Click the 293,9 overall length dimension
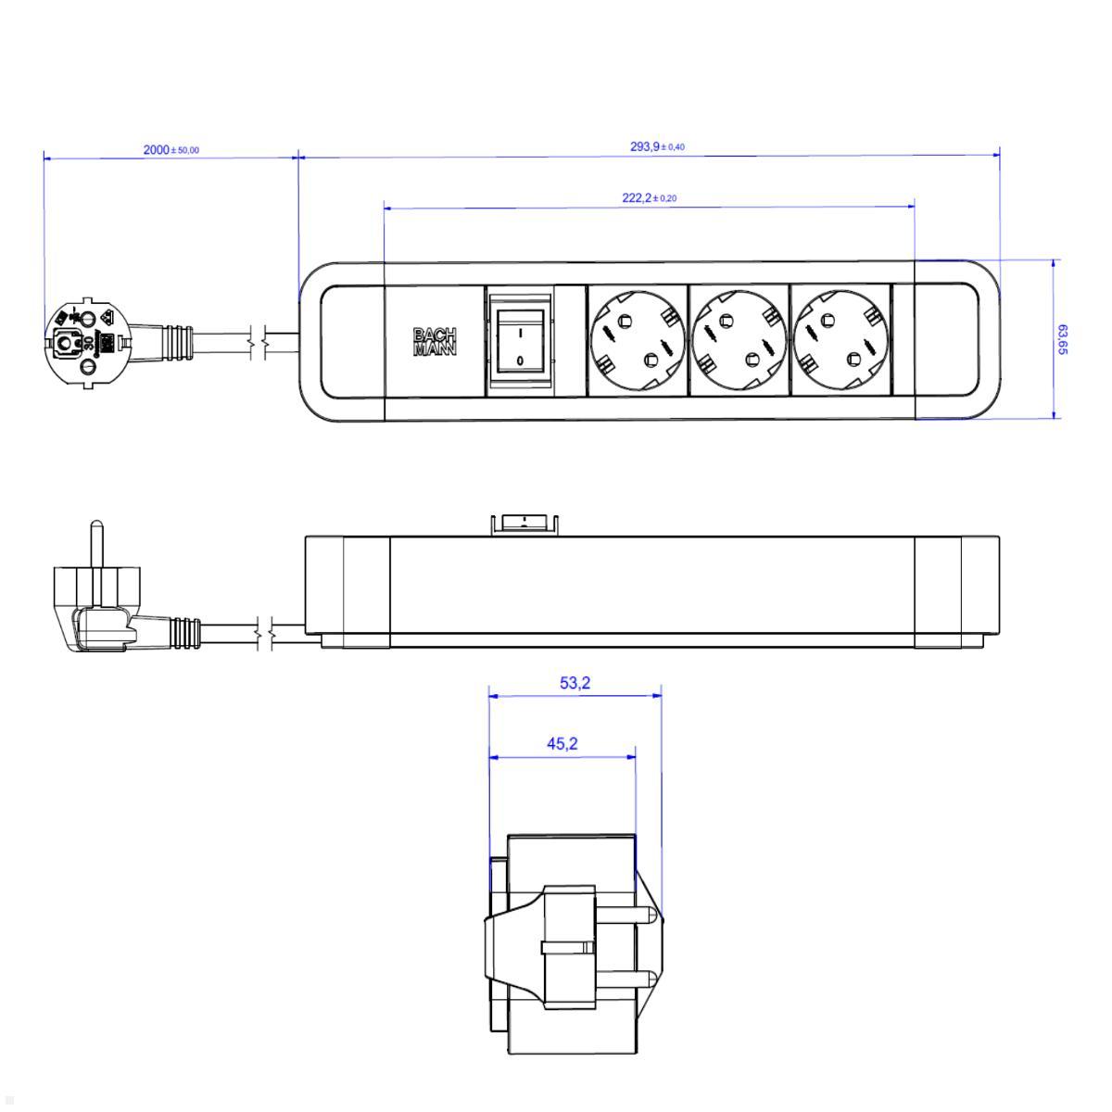point(656,146)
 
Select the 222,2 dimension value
point(649,198)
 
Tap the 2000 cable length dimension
point(171,149)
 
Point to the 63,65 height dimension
point(1062,339)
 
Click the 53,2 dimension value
point(575,684)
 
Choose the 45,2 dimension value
point(562,743)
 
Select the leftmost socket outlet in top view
point(636,339)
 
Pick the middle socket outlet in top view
point(738,339)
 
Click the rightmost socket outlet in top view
point(840,339)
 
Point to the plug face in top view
point(85,341)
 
